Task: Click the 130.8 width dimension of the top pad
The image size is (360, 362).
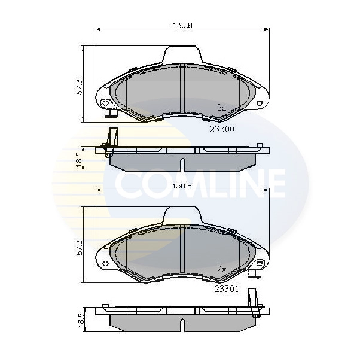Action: (x=182, y=25)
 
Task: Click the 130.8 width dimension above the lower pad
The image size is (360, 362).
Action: (x=182, y=186)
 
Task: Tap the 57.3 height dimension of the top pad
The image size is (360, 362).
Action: (x=79, y=87)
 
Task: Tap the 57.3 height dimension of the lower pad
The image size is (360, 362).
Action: (x=79, y=248)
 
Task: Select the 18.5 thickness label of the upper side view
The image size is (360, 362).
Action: (x=79, y=160)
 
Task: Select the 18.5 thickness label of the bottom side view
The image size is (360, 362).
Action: (x=81, y=320)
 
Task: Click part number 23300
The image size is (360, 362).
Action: (x=222, y=129)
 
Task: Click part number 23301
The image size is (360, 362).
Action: (x=227, y=289)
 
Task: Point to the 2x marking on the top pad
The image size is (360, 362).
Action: (x=222, y=108)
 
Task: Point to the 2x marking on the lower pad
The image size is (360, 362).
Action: (x=222, y=269)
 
